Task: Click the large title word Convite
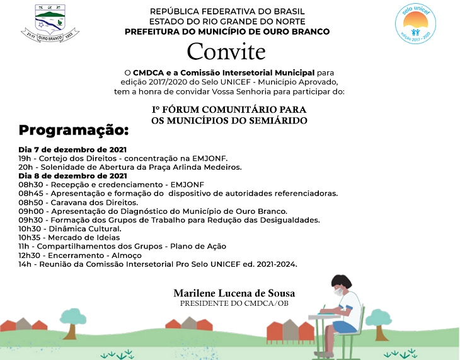[226, 51]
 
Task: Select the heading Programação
[73, 131]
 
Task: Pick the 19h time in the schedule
[24, 158]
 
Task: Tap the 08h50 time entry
[30, 202]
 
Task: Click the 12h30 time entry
[29, 255]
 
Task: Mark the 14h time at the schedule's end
[24, 264]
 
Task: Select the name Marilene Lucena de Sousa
[234, 293]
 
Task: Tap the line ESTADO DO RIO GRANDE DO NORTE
[227, 21]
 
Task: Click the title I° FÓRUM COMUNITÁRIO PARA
[229, 110]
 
